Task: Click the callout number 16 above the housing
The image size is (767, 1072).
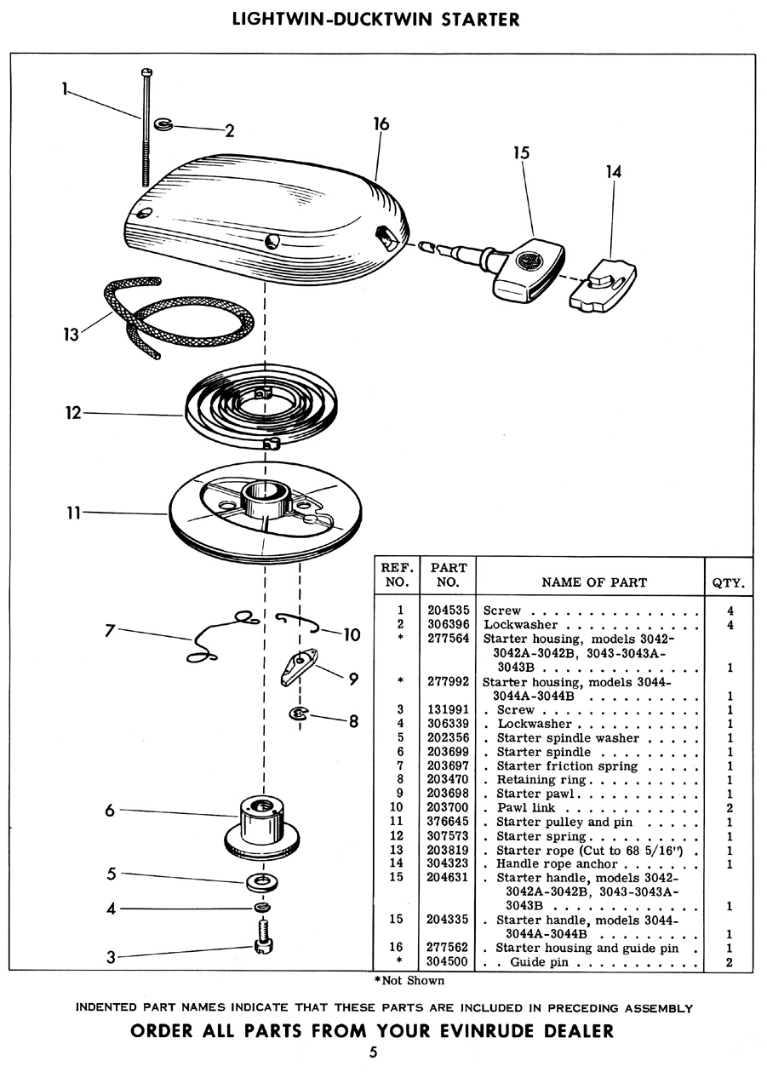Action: point(381,124)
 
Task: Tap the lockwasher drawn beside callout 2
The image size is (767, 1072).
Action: point(163,124)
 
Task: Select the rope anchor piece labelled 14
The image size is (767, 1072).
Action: point(603,286)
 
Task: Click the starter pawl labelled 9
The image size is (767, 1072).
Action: point(299,666)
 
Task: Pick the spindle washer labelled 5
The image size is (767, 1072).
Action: point(261,882)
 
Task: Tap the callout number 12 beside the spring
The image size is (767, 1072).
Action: point(74,412)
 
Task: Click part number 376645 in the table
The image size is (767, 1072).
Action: point(448,822)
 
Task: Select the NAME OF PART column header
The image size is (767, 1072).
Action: point(594,582)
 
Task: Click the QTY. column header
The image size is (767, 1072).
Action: point(728,583)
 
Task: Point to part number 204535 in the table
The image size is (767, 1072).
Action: point(449,611)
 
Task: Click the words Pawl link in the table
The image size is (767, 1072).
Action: point(526,808)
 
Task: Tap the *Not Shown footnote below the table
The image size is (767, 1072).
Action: point(409,981)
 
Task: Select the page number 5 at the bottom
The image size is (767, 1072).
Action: point(373,1052)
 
